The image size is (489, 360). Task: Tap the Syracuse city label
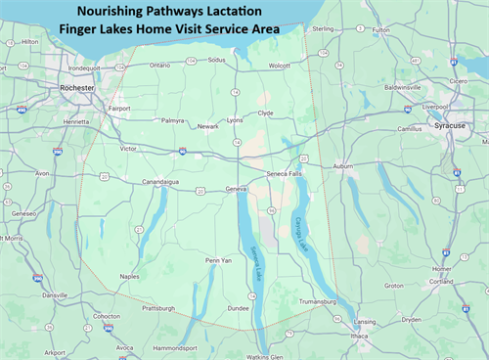point(453,127)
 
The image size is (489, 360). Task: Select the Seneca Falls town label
point(285,174)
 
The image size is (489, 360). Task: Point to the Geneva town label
point(237,188)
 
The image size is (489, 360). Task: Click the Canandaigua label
point(161,181)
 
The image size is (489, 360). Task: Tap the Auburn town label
point(342,166)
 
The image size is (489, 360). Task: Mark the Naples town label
point(129,277)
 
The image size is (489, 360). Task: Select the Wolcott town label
point(280,66)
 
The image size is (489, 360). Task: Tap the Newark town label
point(208,126)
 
